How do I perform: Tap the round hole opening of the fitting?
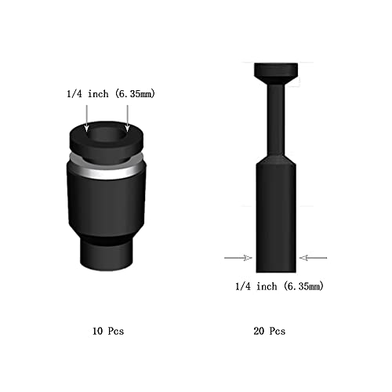[x=107, y=136]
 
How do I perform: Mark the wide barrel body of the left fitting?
[x=107, y=204]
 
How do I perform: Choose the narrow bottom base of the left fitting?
[x=107, y=252]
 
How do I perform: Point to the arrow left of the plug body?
[x=238, y=257]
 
